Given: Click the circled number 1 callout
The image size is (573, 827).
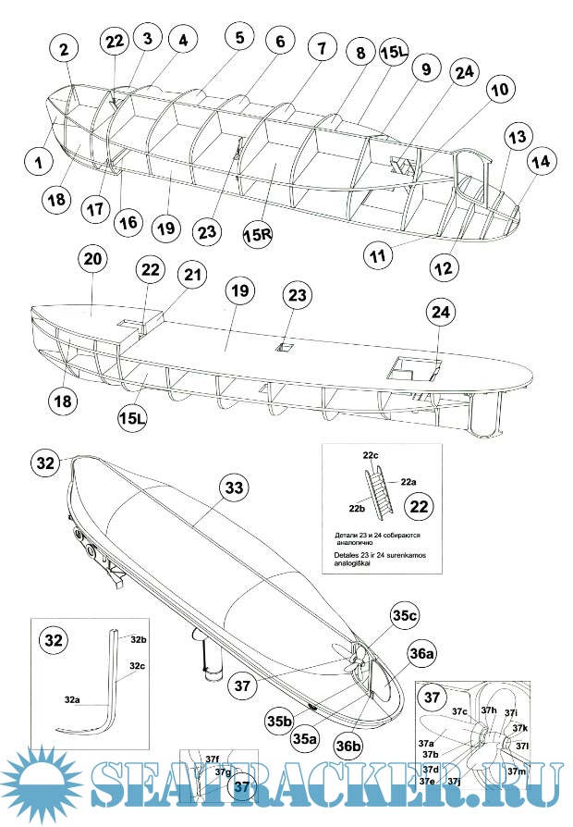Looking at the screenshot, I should tap(39, 161).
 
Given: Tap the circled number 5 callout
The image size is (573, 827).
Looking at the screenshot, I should tap(239, 38).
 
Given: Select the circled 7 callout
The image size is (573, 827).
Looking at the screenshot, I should tap(321, 47).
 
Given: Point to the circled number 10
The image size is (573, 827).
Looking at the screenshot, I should tap(498, 91).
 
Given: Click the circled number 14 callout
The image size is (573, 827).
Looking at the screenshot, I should tap(541, 161).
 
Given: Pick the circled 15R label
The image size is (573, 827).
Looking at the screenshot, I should tap(259, 233).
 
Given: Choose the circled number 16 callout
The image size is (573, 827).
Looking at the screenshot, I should tap(129, 222).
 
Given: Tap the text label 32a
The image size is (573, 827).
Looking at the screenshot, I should tap(75, 700).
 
